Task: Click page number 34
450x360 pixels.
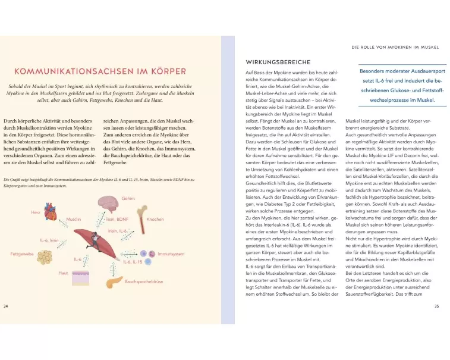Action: [6, 306]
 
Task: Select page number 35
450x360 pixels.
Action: [437, 306]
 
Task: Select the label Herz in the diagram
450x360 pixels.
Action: [36, 212]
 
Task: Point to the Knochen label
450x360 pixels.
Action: [155, 220]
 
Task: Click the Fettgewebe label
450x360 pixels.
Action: [21, 254]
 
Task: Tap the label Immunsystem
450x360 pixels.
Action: [171, 254]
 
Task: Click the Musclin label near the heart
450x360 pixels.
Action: [74, 220]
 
